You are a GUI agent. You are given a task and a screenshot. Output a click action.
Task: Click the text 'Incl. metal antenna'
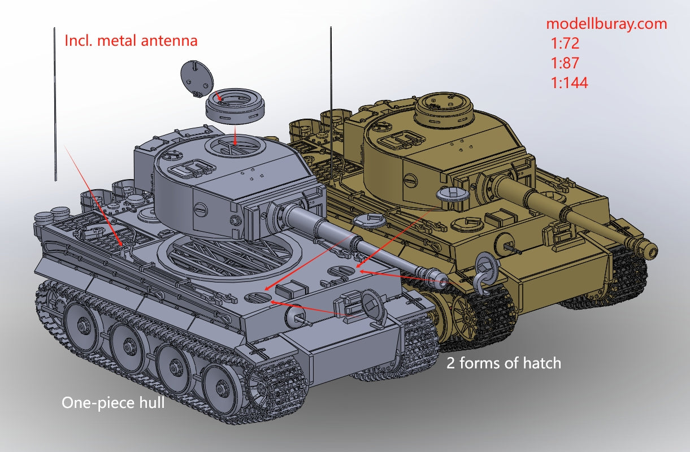131,41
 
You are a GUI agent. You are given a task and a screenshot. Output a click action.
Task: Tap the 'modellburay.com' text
606,24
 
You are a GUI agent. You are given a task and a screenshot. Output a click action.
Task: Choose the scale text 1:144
569,82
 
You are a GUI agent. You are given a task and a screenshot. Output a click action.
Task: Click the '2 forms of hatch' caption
504,363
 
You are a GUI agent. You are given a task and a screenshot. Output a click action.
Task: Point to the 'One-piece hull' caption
113,403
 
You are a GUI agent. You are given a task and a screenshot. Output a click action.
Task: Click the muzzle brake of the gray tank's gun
437,279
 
